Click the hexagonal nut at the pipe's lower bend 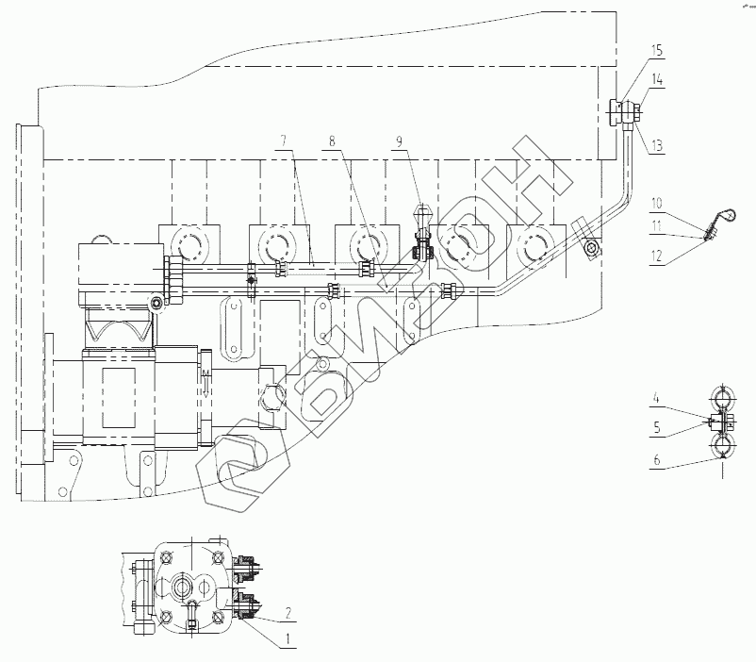[590, 248]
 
